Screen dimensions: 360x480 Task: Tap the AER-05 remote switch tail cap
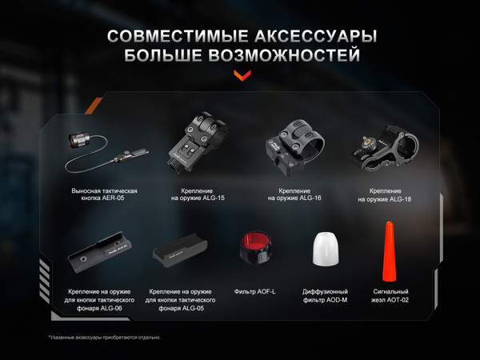pyautogui.click(x=78, y=140)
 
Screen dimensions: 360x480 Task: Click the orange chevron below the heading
pyautogui.click(x=241, y=76)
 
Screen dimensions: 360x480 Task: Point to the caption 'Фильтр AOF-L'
pyautogui.click(x=254, y=291)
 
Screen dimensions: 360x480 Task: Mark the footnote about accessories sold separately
pyautogui.click(x=104, y=337)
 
